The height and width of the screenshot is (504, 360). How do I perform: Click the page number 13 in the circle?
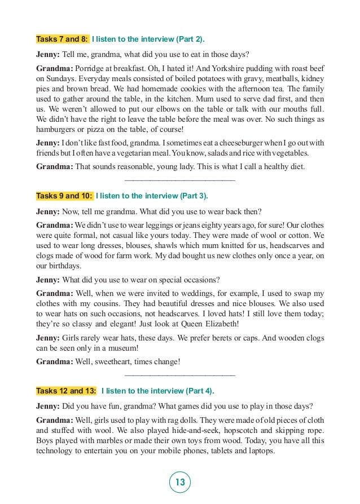(x=180, y=482)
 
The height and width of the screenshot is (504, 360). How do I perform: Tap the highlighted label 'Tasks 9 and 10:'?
(x=64, y=196)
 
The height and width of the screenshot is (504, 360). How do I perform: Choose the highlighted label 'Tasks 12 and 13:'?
(x=66, y=391)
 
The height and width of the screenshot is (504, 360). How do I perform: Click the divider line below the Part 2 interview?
(x=179, y=180)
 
